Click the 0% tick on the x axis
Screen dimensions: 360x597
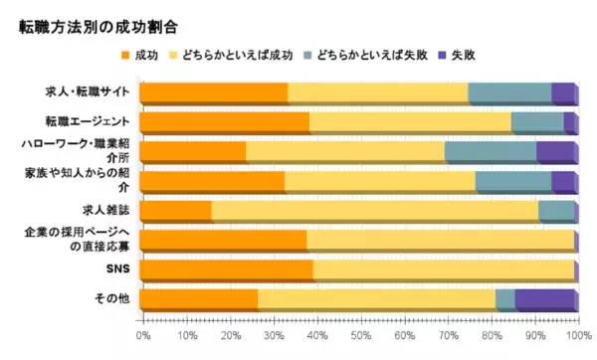tap(142, 338)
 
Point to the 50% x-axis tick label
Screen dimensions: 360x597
tap(359, 338)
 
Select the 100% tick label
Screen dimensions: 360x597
tap(575, 338)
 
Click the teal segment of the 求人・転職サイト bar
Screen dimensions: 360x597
tap(509, 93)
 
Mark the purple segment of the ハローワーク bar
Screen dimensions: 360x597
tap(555, 152)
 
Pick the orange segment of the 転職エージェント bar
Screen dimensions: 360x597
tap(224, 123)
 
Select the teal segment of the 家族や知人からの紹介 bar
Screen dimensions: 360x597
tap(512, 182)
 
